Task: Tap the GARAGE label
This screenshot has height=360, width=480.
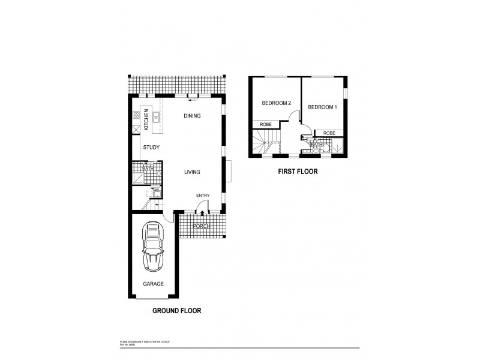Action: tap(153, 284)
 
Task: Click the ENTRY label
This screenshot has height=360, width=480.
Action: tap(203, 196)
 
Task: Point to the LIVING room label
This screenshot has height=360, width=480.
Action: tap(192, 172)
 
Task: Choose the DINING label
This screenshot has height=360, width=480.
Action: tap(192, 116)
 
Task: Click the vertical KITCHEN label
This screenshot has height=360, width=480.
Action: tap(146, 119)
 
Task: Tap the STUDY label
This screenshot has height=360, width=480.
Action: tap(151, 146)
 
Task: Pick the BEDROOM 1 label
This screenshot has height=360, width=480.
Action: tap(322, 107)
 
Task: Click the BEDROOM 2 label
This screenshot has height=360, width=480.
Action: tap(276, 103)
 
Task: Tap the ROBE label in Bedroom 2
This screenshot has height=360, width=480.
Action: tap(266, 124)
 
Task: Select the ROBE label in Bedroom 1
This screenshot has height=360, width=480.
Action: tap(328, 133)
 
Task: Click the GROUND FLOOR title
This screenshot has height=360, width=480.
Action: tap(176, 311)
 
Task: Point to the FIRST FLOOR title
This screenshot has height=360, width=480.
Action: tap(297, 172)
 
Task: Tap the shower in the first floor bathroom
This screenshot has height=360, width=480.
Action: tap(337, 146)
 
